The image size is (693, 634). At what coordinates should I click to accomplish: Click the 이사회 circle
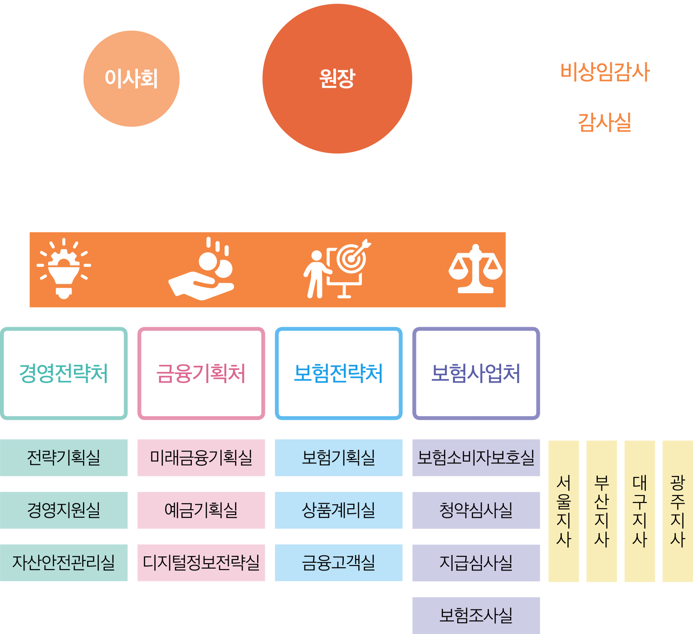(x=132, y=79)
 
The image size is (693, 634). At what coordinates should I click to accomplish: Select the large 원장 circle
(x=337, y=79)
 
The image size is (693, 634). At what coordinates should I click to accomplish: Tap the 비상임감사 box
(x=605, y=72)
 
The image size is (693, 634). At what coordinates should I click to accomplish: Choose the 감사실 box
(x=605, y=123)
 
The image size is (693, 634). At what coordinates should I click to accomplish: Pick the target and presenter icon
(x=337, y=269)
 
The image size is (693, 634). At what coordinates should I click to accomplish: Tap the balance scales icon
(x=475, y=270)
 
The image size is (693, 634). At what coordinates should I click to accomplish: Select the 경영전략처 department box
(x=64, y=373)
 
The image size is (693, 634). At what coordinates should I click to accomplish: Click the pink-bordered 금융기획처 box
(x=201, y=373)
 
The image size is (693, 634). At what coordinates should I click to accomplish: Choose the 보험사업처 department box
(x=476, y=373)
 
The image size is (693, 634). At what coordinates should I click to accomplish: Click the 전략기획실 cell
(x=64, y=457)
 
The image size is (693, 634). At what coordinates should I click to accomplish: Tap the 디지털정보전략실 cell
(x=201, y=563)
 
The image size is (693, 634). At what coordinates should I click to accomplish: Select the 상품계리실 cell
(x=338, y=510)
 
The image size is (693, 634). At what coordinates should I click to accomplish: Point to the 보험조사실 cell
(x=476, y=615)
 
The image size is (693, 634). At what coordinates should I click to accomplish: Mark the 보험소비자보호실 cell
(x=476, y=457)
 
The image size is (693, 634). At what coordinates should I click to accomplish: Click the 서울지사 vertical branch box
(x=563, y=511)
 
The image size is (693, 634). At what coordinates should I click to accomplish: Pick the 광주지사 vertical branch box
(x=677, y=511)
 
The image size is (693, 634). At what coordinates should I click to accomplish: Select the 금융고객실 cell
(x=338, y=563)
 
